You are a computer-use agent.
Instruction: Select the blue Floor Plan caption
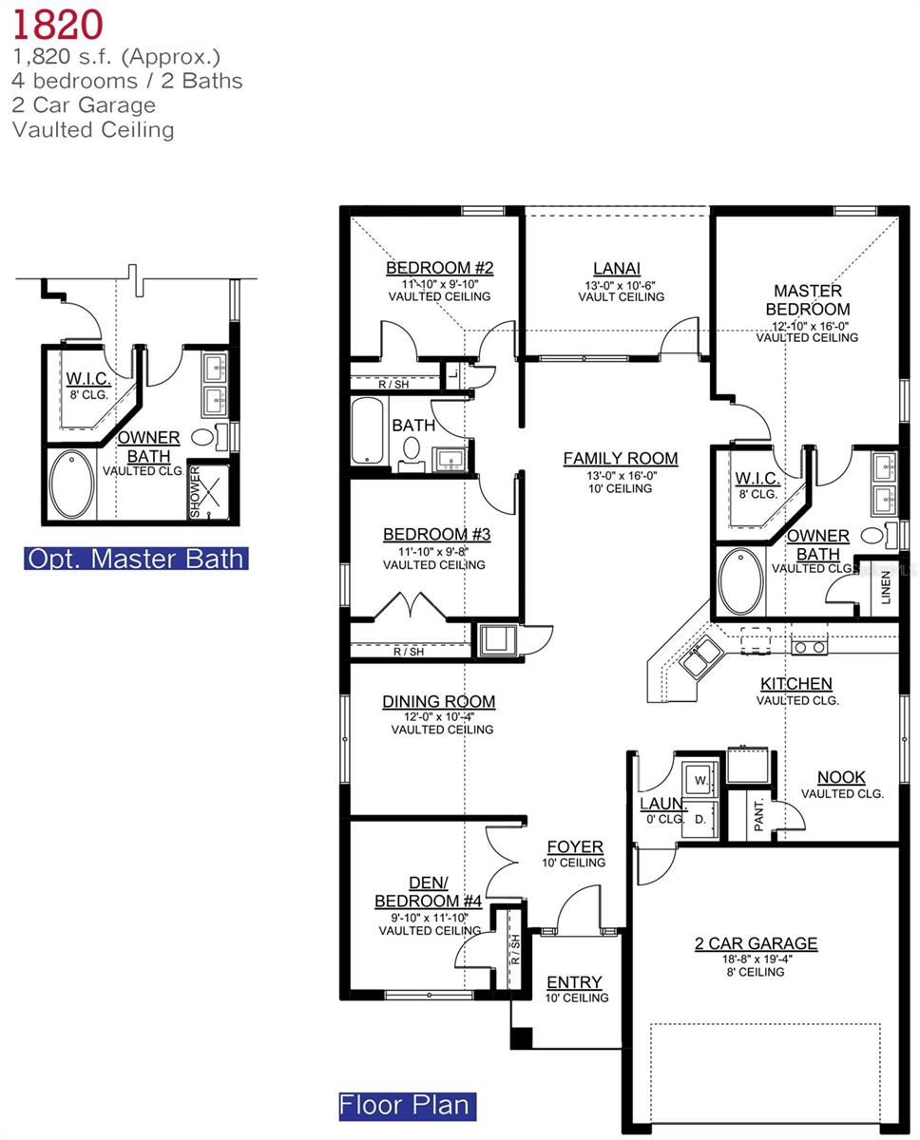(407, 1105)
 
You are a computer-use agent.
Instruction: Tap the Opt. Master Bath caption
(137, 558)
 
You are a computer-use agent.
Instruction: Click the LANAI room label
(617, 269)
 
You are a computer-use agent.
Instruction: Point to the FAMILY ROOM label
(621, 459)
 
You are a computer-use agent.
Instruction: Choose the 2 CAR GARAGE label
(756, 943)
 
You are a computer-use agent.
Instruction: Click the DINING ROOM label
(439, 702)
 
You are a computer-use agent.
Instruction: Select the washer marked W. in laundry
(701, 779)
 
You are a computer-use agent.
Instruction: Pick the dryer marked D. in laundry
(700, 818)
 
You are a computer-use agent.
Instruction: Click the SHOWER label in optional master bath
(196, 491)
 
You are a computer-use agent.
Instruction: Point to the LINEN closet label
(886, 587)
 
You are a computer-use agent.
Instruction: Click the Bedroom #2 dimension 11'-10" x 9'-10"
(439, 283)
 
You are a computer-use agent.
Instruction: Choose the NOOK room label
(841, 777)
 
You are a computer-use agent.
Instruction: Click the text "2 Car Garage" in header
(84, 104)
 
